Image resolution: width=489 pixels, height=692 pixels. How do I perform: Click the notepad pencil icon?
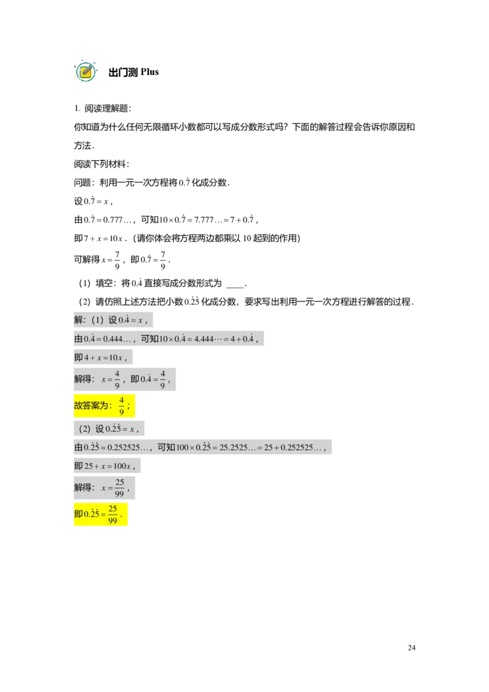[86, 71]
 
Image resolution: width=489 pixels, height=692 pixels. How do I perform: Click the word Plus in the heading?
[150, 72]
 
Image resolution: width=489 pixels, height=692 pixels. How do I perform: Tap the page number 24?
[411, 647]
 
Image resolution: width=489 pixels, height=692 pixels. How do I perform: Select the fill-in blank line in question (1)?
[235, 287]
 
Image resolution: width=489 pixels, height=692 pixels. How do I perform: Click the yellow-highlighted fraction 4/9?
[122, 405]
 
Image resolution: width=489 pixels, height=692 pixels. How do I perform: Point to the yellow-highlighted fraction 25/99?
[112, 514]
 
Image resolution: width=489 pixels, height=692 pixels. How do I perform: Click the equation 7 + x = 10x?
[103, 238]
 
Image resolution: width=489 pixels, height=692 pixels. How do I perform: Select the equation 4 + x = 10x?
[103, 358]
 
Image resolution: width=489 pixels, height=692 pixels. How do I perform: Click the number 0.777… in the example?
[117, 220]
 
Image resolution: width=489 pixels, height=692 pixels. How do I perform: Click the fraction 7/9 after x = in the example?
[117, 260]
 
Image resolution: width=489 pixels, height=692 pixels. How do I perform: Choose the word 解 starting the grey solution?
[79, 320]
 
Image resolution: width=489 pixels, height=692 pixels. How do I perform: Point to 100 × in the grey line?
[185, 447]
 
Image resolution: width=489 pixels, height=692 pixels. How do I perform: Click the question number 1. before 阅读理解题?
[77, 109]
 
